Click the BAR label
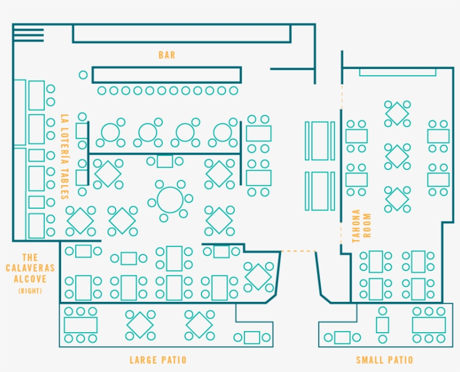pyautogui.click(x=167, y=55)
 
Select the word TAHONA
pyautogui.click(x=356, y=226)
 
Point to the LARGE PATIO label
pyautogui.click(x=158, y=360)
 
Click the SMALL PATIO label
pyautogui.click(x=385, y=360)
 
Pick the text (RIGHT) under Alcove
pyautogui.click(x=30, y=291)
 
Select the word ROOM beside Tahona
pyautogui.click(x=368, y=226)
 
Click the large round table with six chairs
pyautogui.click(x=170, y=199)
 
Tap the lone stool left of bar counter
pyautogui.click(x=83, y=75)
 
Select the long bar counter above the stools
pyautogui.click(x=167, y=75)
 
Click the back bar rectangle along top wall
pyautogui.click(x=181, y=33)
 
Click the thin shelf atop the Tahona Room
pyautogui.click(x=397, y=72)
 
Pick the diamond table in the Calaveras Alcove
pyautogui.click(x=258, y=277)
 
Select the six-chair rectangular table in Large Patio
pyautogui.click(x=81, y=325)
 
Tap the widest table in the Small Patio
pyautogui.click(x=429, y=325)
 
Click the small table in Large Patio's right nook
pyautogui.click(x=252, y=337)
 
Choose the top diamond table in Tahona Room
pyautogui.click(x=397, y=113)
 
